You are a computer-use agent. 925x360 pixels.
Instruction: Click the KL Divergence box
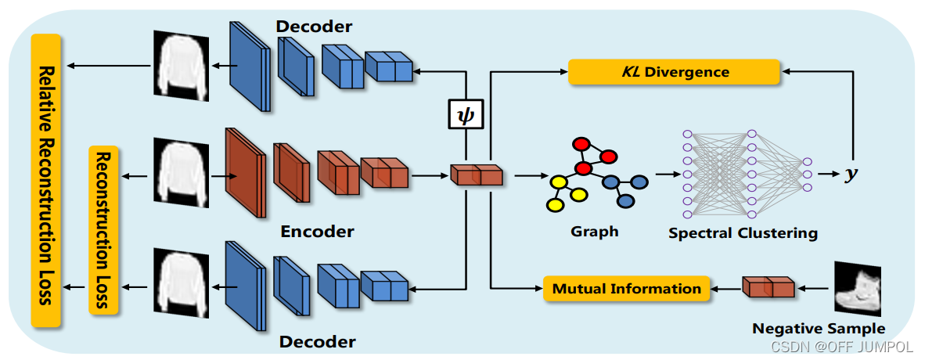[x=674, y=72]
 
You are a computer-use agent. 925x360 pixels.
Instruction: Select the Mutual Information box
[x=626, y=289]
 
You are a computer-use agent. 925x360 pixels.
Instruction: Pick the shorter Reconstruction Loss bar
[x=103, y=229]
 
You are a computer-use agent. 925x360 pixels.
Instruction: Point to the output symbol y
[x=851, y=174]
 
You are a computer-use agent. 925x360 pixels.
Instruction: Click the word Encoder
[x=317, y=231]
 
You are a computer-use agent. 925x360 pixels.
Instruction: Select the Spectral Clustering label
[x=743, y=232]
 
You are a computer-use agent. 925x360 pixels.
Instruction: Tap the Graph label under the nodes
[x=595, y=231]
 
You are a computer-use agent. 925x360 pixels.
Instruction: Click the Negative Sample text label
[x=819, y=328]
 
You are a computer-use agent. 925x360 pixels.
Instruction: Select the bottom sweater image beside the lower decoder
[x=181, y=282]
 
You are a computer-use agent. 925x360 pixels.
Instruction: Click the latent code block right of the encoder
[x=477, y=175]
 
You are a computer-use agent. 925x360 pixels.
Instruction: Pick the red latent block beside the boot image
[x=768, y=287]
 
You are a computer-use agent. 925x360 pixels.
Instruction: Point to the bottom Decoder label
[x=319, y=341]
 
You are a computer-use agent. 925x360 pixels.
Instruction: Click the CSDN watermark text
[x=840, y=345]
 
